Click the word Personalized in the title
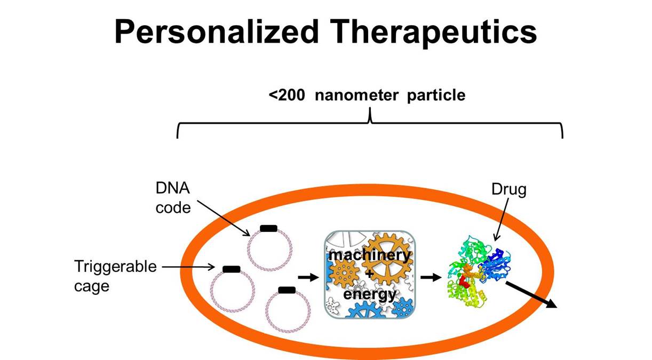pyautogui.click(x=216, y=31)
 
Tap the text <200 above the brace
pyautogui.click(x=287, y=95)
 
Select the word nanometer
pyautogui.click(x=356, y=95)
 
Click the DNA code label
pyautogui.click(x=173, y=198)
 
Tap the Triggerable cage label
pyautogui.click(x=115, y=276)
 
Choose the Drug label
pyautogui.click(x=509, y=189)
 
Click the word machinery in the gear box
pyautogui.click(x=370, y=255)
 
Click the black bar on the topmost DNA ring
pyautogui.click(x=269, y=228)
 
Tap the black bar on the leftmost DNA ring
pyautogui.click(x=232, y=269)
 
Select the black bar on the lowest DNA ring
pyautogui.click(x=287, y=290)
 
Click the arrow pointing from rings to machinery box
pyautogui.click(x=308, y=277)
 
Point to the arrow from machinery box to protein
pyautogui.click(x=431, y=277)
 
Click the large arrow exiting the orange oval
pyautogui.click(x=531, y=294)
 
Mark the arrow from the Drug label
pyautogui.click(x=502, y=219)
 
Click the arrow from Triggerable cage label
pyautogui.click(x=188, y=267)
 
